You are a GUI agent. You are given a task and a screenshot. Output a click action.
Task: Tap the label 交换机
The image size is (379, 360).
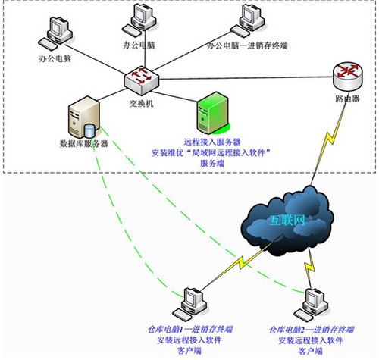click(x=142, y=103)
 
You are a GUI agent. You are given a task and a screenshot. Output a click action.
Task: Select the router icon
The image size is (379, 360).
click(x=346, y=73)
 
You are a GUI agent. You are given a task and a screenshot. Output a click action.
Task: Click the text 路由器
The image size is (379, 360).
click(x=347, y=99)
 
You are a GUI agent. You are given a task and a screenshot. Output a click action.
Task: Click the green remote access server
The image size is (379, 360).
click(x=211, y=112)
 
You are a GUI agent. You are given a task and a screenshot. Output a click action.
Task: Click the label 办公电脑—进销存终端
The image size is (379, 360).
click(x=246, y=45)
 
